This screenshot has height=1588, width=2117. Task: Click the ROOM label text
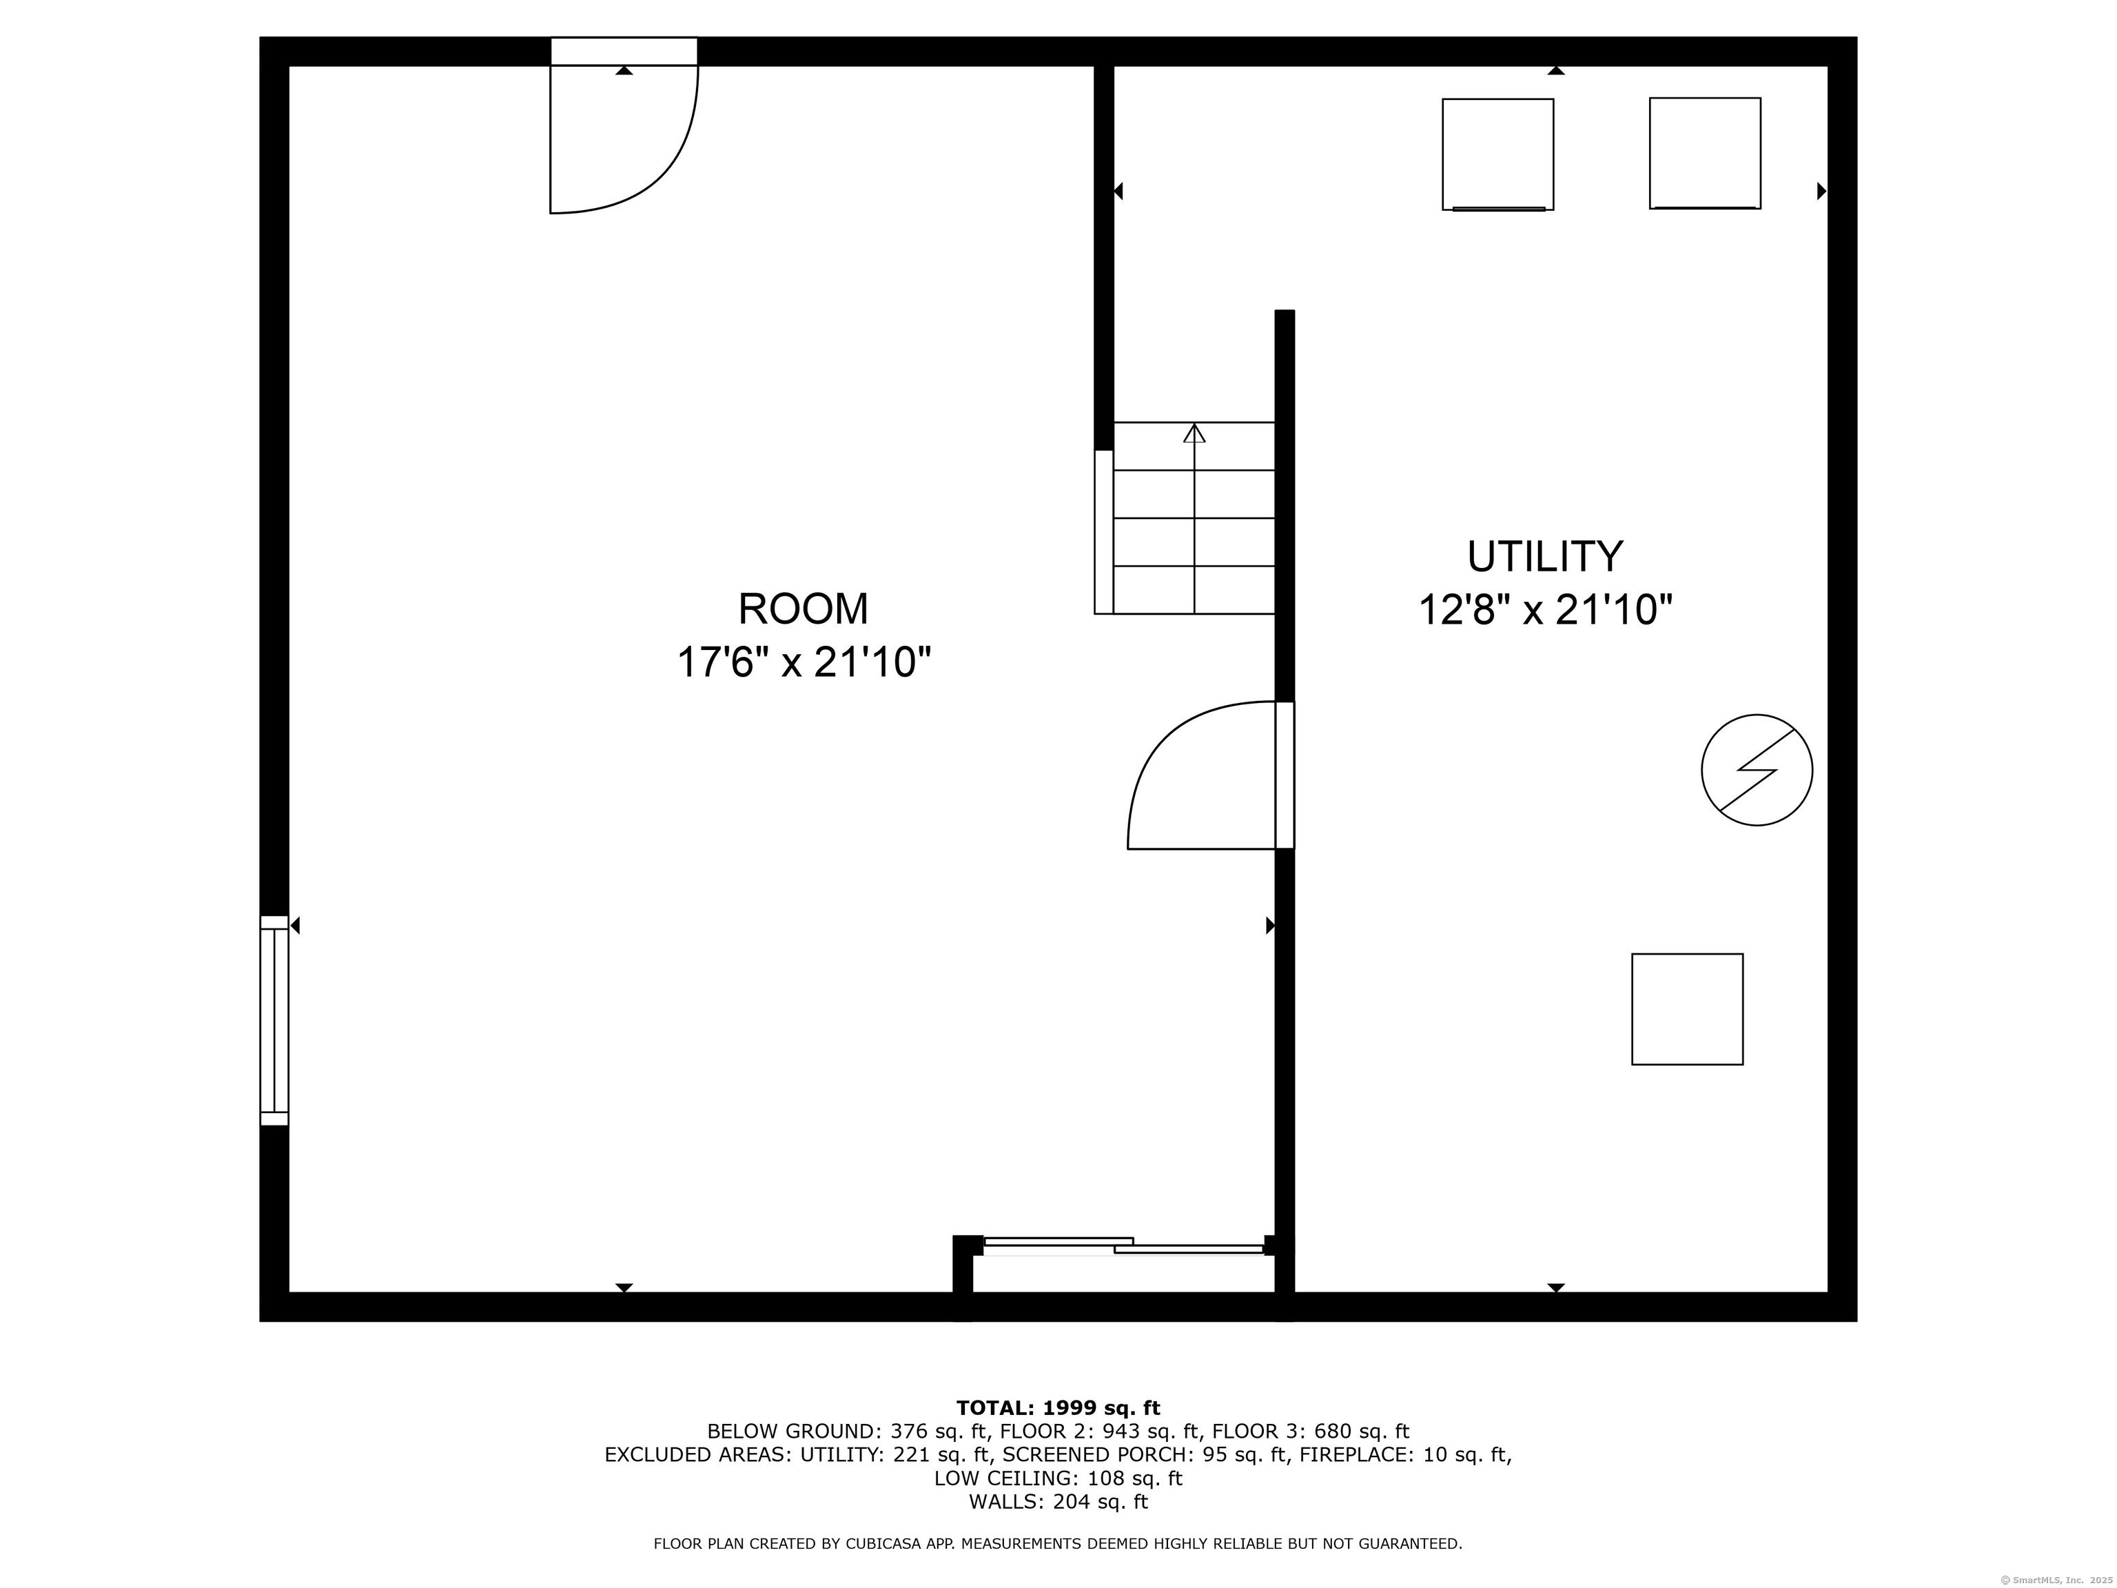coord(802,609)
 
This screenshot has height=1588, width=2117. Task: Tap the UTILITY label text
coord(1545,556)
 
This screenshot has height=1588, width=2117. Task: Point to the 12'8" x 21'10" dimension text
coord(1545,610)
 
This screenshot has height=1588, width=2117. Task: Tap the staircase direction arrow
coord(1194,434)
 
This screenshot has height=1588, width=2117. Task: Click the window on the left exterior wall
coord(275,1019)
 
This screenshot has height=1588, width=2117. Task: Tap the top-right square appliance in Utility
coord(1704,153)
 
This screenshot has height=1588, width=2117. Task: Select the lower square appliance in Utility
coord(1686,1009)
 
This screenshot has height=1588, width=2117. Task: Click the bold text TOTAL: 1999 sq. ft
coord(1058,1408)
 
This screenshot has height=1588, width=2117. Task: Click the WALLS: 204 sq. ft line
coord(1058,1502)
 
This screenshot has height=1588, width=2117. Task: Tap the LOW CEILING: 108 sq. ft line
coord(1058,1479)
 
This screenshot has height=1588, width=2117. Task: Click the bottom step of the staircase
coord(1194,589)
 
